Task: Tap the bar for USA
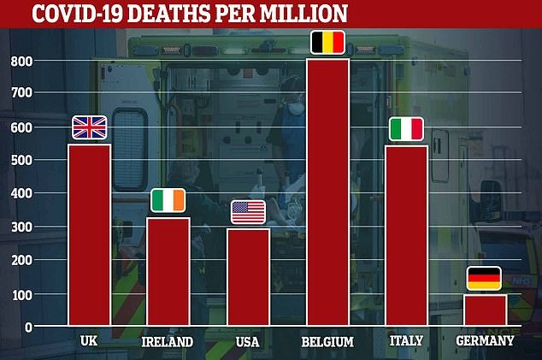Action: [x=248, y=277]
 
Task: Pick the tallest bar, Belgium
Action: [x=327, y=192]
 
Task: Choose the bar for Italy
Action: [x=407, y=236]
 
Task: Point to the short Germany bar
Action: [x=486, y=310]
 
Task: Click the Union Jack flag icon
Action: [x=89, y=127]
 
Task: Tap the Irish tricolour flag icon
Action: [x=168, y=200]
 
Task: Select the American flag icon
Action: [x=248, y=212]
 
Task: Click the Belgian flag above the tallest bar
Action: [x=327, y=43]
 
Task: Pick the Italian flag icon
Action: [x=407, y=129]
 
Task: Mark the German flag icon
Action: [x=485, y=279]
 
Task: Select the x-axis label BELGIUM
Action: [x=327, y=342]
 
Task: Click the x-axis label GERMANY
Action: [x=485, y=341]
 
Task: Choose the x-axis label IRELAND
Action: [x=168, y=342]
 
